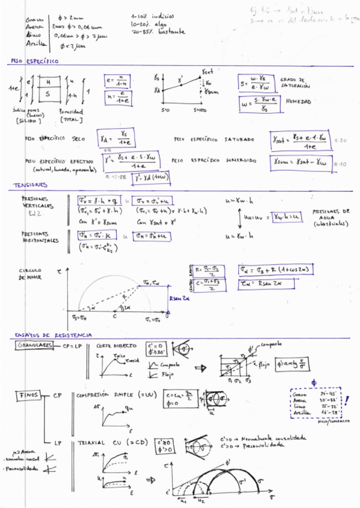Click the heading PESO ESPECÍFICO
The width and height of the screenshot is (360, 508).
(34, 61)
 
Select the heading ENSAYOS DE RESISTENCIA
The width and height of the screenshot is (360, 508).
(53, 334)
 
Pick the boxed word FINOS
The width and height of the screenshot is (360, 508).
(30, 395)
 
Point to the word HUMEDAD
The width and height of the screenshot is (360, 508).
(298, 102)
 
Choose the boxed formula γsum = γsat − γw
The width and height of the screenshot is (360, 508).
(301, 161)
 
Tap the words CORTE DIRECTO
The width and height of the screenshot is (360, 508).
(114, 346)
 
